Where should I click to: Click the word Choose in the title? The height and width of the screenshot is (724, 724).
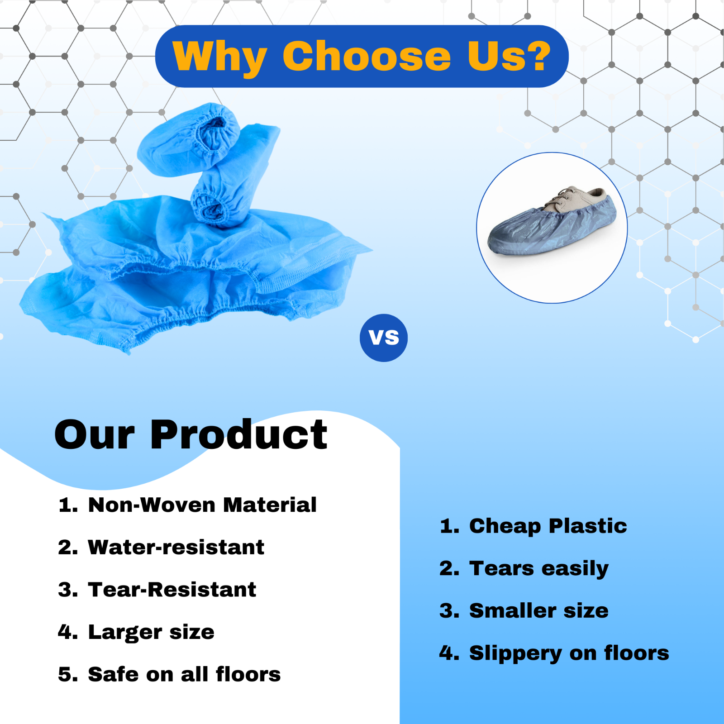click(x=367, y=56)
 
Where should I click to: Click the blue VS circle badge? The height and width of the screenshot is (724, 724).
click(x=384, y=338)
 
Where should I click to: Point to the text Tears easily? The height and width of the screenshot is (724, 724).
click(x=538, y=568)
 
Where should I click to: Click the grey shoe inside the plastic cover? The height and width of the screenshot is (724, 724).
click(x=584, y=199)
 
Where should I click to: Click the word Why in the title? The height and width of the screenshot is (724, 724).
click(x=219, y=56)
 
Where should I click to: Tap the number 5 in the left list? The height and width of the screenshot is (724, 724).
click(x=67, y=674)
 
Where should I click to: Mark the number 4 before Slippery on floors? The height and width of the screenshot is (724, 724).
click(x=449, y=653)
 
